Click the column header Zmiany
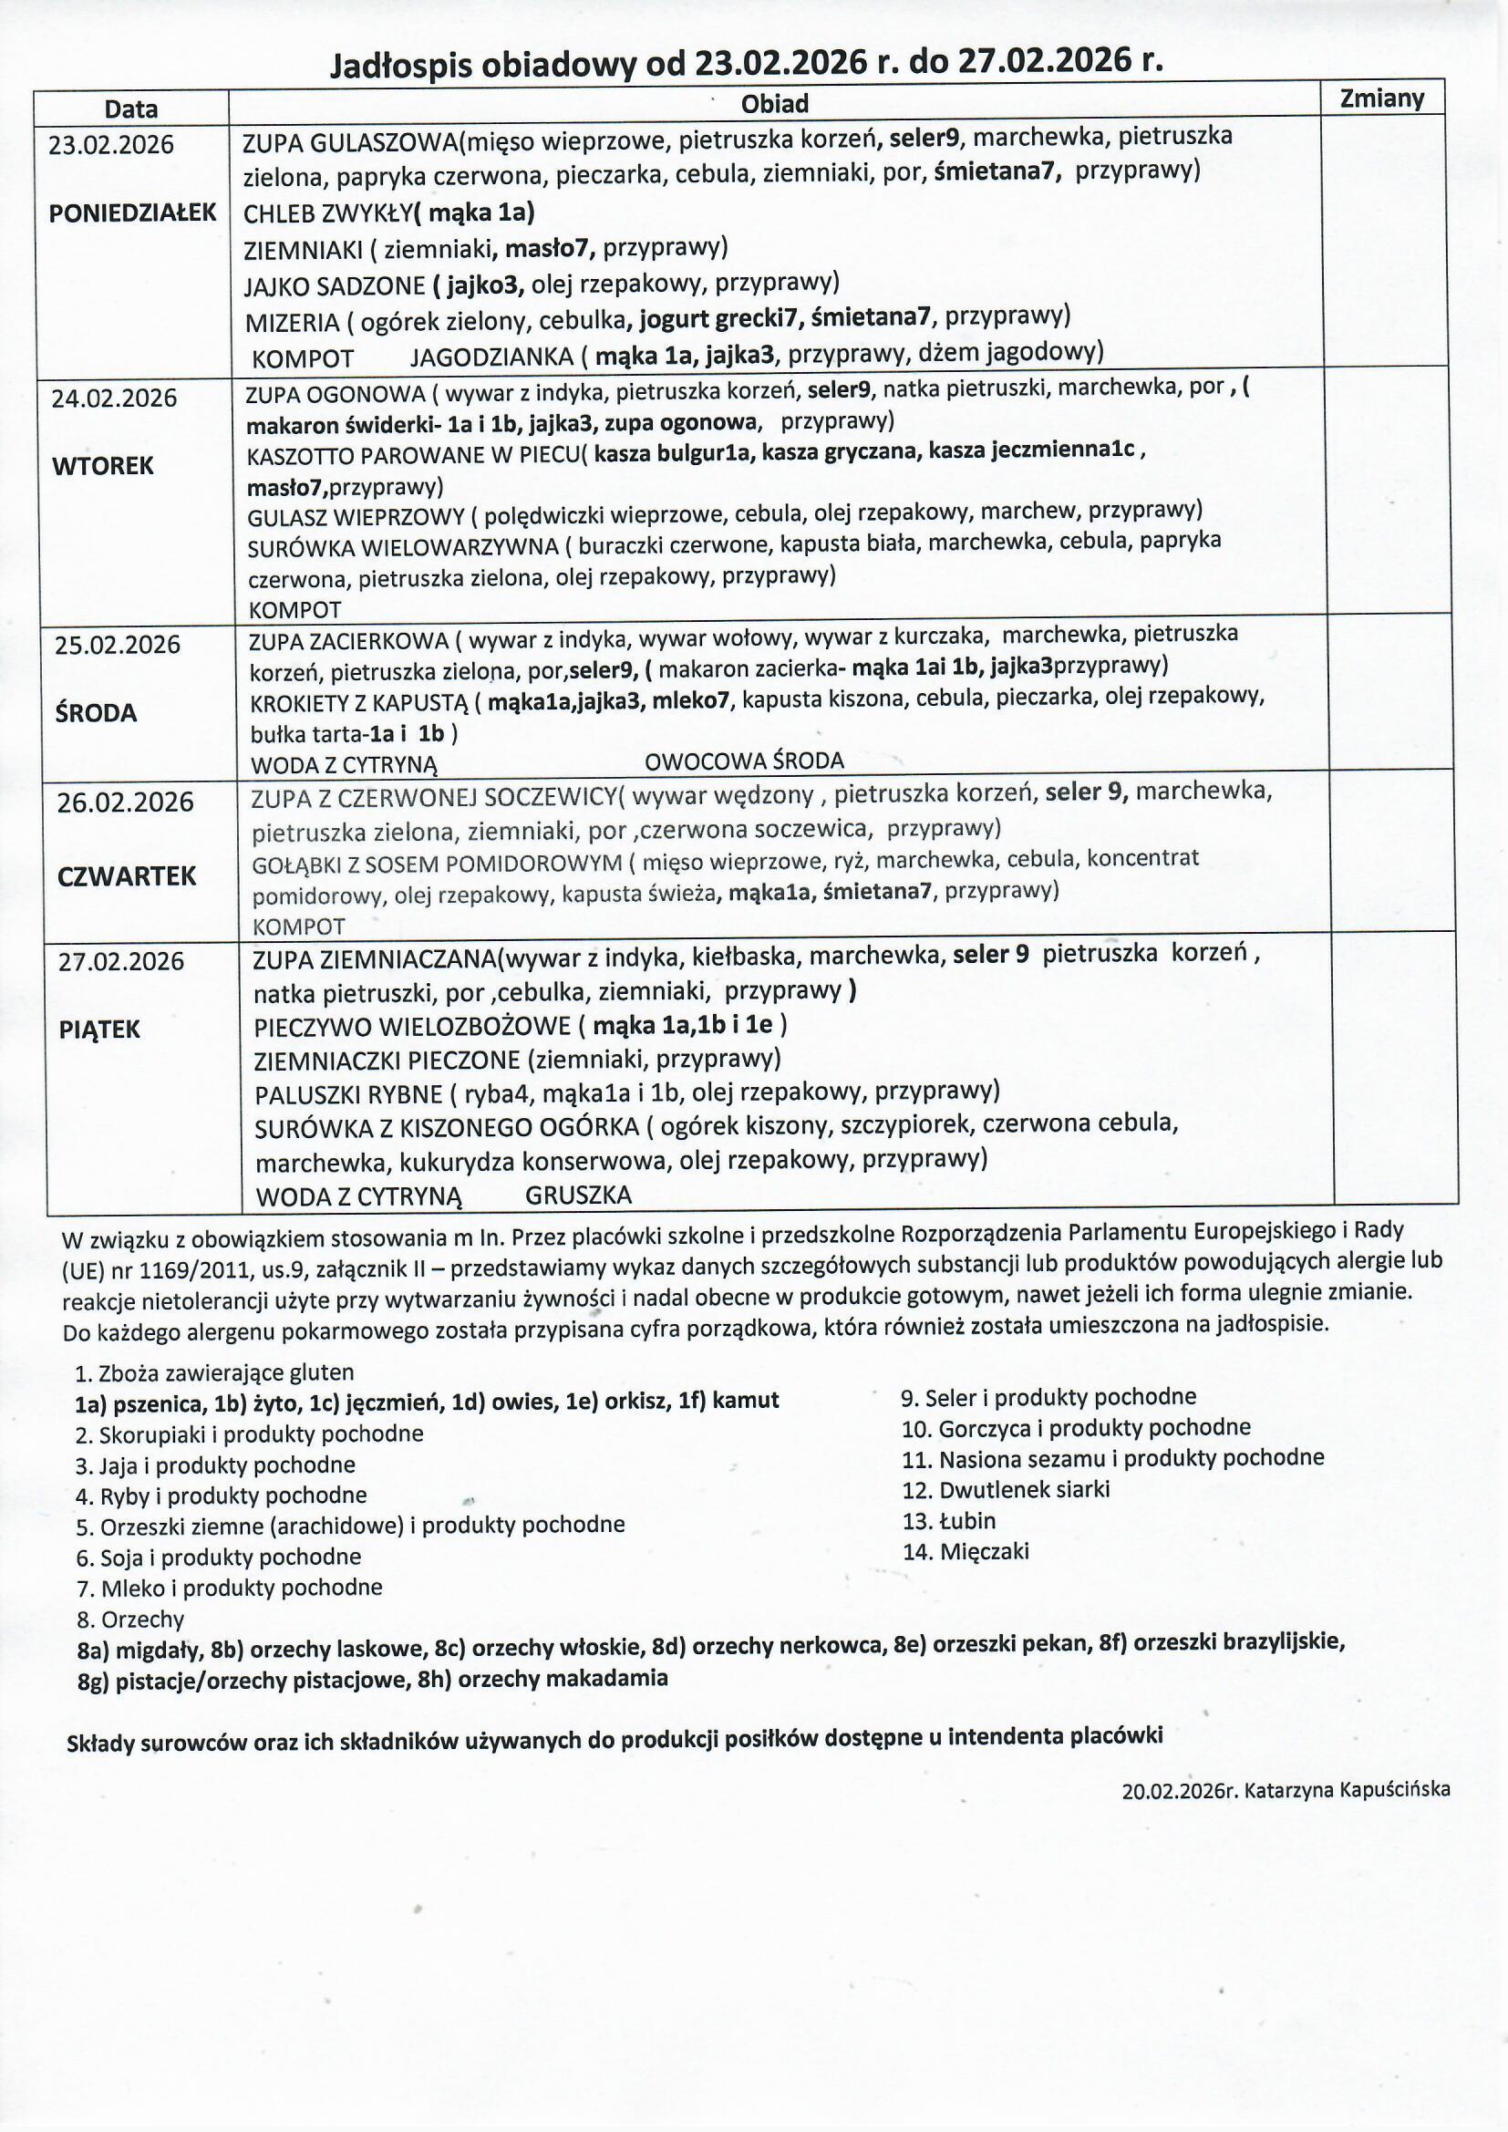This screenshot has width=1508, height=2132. (1381, 98)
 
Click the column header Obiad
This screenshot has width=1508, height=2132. (774, 104)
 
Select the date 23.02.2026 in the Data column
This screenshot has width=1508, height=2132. (111, 145)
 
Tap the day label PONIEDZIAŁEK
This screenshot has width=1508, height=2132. (132, 212)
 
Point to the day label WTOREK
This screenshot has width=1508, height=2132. (102, 465)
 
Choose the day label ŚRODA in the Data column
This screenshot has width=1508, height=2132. (95, 713)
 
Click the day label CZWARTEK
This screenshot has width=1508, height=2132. (127, 876)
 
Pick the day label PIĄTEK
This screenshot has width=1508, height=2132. (99, 1029)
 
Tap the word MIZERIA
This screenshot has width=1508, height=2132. (292, 323)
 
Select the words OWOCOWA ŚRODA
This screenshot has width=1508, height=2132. (744, 761)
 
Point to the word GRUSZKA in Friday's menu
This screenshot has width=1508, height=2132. (577, 1195)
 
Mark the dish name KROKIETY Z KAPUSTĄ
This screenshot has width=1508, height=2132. (357, 703)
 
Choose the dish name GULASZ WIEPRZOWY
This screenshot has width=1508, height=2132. (356, 517)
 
